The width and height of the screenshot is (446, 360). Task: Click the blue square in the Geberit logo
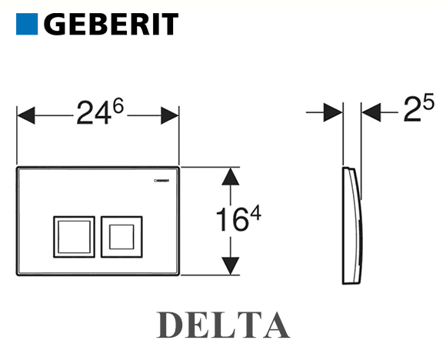pos(27,24)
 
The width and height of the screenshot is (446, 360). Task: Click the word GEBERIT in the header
pos(111,24)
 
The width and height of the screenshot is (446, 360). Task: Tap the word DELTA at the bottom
pos(223,325)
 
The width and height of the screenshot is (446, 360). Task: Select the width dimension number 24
pos(94,113)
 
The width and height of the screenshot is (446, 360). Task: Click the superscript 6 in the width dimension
pos(118,105)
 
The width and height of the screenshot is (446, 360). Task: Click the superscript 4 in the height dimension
pos(255,213)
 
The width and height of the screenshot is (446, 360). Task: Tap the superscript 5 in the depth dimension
pos(428,102)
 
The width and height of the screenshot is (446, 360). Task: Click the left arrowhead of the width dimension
pos(26,115)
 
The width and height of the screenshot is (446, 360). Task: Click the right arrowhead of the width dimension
pos(170,115)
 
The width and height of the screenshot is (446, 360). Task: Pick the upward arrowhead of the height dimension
pos(231,176)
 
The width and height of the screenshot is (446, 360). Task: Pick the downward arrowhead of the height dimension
pos(231,266)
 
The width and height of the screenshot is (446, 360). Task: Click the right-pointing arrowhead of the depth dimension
pos(334,112)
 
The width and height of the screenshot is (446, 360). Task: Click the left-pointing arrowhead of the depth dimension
pos(371,112)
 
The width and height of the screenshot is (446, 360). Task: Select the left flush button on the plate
pos(75,237)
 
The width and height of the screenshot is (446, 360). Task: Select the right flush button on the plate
pos(121,237)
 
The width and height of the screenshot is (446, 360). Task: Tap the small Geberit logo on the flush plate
pos(161,181)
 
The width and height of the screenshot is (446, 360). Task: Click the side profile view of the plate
pos(353,225)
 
